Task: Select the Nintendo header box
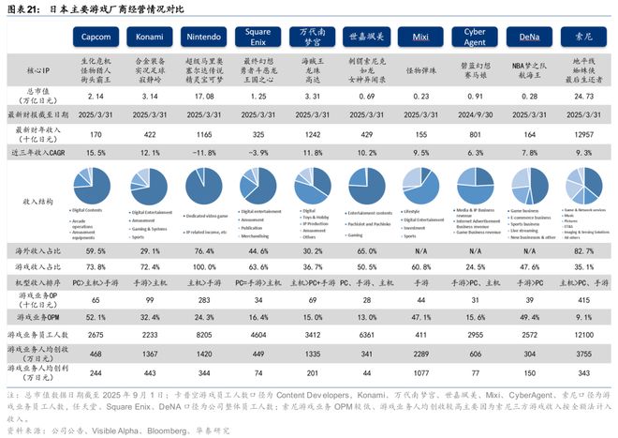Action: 204,37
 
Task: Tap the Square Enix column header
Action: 257,37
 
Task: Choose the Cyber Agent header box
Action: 475,37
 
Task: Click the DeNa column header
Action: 528,37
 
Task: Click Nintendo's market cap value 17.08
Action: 204,96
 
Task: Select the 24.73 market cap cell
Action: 581,96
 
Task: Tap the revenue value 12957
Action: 581,135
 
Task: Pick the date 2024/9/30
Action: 475,114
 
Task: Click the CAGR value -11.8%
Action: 204,151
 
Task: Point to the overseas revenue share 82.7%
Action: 581,250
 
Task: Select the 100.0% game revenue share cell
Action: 204,266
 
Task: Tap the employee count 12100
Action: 581,334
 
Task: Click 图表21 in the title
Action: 22,8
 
